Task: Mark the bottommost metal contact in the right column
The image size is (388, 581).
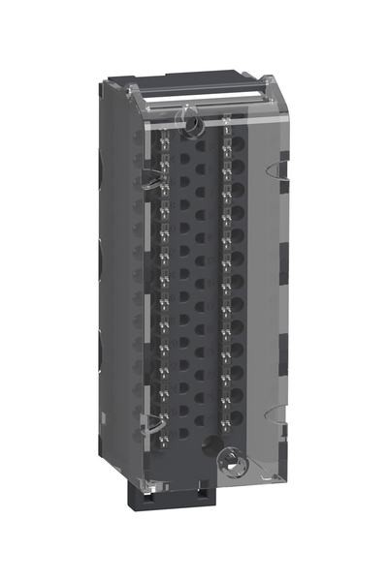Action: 224,419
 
